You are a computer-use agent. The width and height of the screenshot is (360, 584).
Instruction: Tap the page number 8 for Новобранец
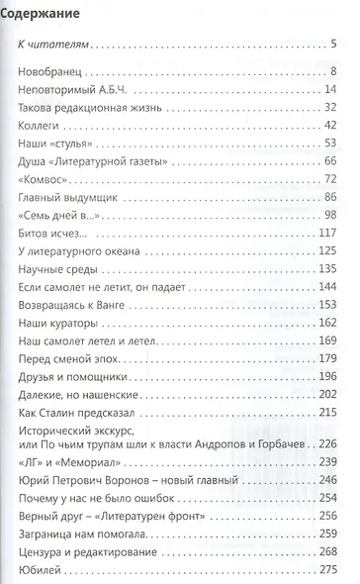point(334,71)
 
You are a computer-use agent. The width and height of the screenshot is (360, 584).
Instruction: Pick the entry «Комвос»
point(46,180)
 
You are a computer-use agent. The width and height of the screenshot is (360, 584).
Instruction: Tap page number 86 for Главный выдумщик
point(330,198)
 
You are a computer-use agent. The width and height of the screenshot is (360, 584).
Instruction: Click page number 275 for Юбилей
point(327,569)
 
